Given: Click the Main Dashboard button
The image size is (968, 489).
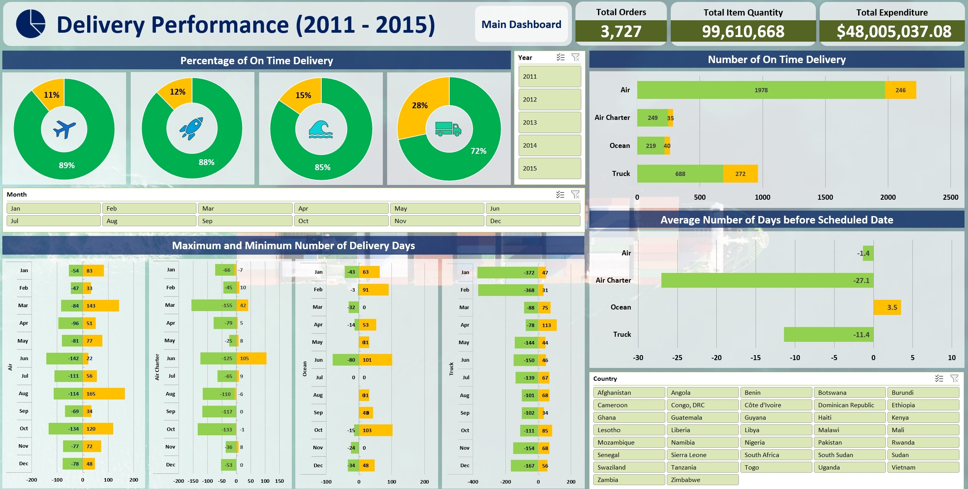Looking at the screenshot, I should point(521,25).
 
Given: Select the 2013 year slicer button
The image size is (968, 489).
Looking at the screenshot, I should point(549,122).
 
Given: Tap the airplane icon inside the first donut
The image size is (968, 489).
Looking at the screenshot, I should point(64,129).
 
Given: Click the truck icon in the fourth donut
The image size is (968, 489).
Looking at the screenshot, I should point(448,129).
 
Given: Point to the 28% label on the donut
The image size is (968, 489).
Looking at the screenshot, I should point(419,106).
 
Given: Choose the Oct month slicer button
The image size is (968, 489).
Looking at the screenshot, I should point(341,221).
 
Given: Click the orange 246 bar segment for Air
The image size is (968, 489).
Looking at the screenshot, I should point(900,90).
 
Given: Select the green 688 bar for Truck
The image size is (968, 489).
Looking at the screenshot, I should point(680,174).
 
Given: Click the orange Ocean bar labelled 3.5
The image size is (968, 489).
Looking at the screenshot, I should point(887,307).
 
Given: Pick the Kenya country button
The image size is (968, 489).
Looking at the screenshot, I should point(922,417).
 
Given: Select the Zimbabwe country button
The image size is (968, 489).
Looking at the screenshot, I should point(702,480).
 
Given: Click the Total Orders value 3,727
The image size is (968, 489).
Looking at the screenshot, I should point(621,31).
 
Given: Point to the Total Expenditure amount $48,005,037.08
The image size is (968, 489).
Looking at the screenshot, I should point(894,31).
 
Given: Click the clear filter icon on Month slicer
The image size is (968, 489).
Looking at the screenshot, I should point(575,194).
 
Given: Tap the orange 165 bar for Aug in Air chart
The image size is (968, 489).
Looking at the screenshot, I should point(103,394).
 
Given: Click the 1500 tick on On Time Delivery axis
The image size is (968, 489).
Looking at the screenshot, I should point(825,197).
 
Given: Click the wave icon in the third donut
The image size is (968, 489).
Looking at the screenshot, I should point(321,129).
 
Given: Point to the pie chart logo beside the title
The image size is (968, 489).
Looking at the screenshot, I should point(31,24).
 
